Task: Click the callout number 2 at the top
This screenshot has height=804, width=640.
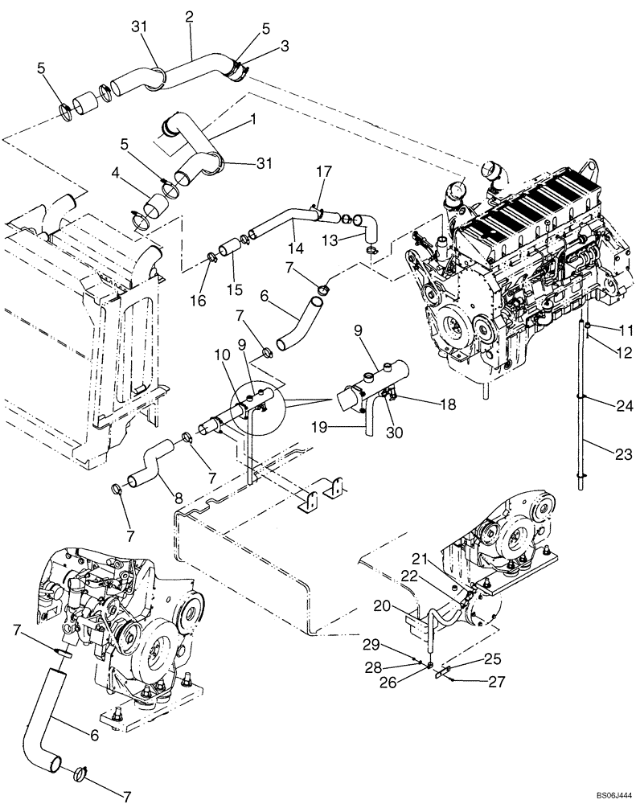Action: click(x=190, y=15)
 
